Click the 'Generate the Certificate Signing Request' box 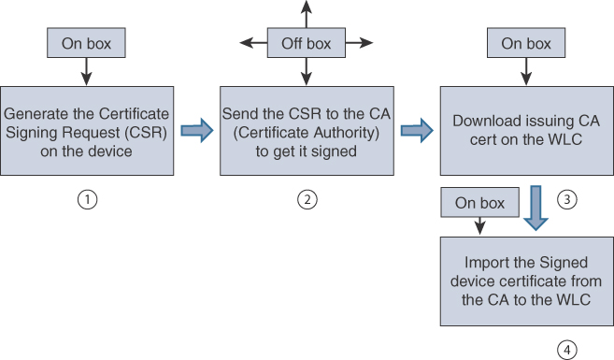tap(86, 131)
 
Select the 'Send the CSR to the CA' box tap(307, 131)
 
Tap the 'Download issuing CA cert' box tap(526, 131)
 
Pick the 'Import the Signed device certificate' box tap(526, 280)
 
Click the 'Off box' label tap(307, 43)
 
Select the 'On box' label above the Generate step tap(86, 43)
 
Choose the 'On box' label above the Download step tap(526, 43)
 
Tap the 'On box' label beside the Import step tap(479, 202)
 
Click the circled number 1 tap(87, 198)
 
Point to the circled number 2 tap(307, 198)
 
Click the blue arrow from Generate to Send tap(196, 131)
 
